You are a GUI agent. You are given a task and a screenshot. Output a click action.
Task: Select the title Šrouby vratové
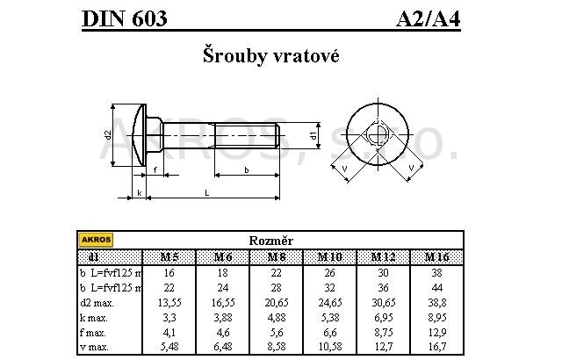click(270, 55)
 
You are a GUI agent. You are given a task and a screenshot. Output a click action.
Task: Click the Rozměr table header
click(271, 240)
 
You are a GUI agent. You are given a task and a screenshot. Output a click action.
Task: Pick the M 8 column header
click(277, 256)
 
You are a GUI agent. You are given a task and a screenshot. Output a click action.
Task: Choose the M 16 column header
click(436, 256)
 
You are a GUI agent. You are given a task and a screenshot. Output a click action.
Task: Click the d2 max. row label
click(97, 302)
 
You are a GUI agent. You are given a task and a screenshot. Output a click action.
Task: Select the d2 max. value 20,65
click(277, 302)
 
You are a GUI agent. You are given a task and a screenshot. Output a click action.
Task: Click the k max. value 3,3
click(169, 318)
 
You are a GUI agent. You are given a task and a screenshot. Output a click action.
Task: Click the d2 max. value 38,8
click(436, 302)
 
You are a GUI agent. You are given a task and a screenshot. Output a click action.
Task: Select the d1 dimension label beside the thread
click(313, 135)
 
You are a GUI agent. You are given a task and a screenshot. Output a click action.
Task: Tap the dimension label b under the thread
click(247, 169)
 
